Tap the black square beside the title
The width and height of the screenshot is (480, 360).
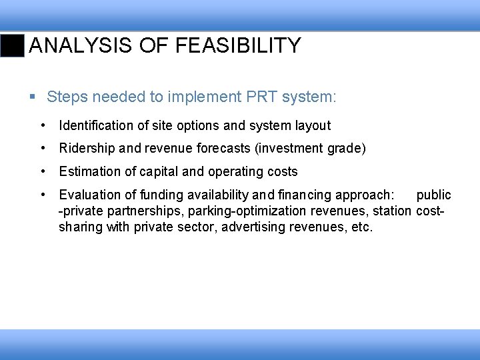13,45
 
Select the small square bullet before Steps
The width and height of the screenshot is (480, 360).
33,98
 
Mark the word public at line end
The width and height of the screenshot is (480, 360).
433,195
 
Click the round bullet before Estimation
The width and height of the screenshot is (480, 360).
43,171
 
